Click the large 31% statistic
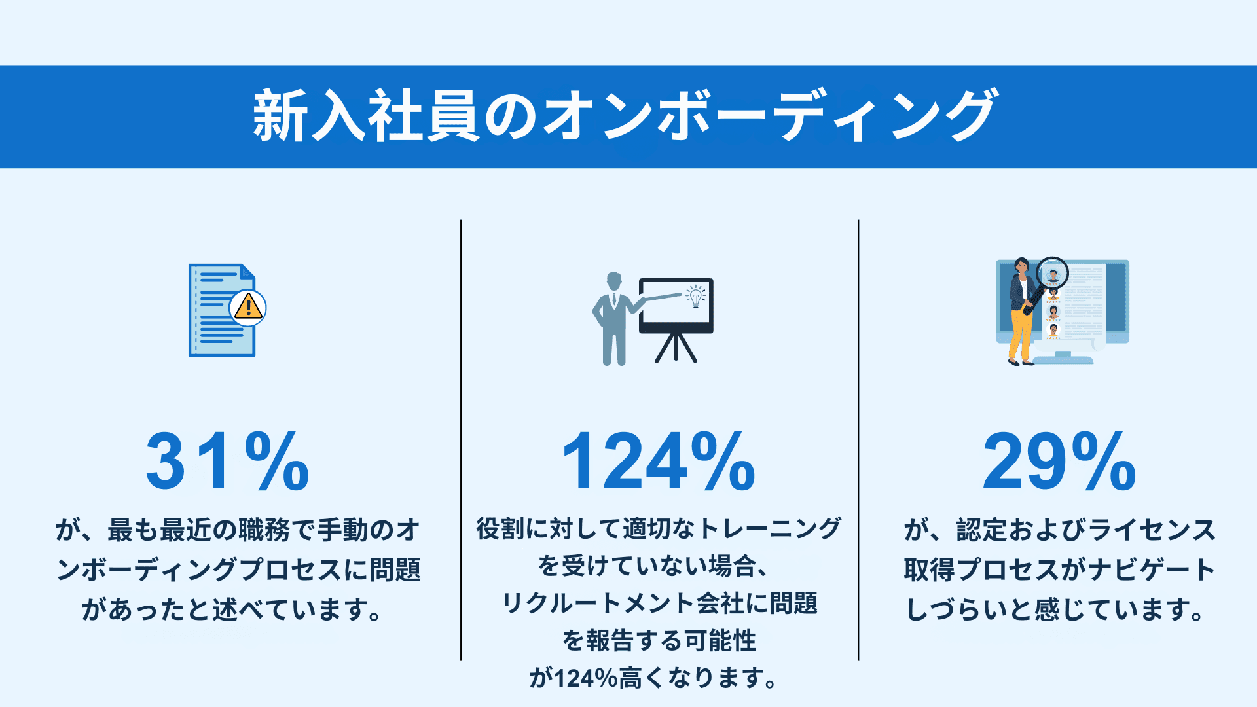[x=227, y=462]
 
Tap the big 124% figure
[x=659, y=462]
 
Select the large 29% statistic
[x=1059, y=462]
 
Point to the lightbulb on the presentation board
[x=695, y=297]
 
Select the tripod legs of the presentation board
[x=676, y=348]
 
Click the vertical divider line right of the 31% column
[x=461, y=439]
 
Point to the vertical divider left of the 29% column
[x=858, y=439]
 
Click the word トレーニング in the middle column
[x=770, y=529]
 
